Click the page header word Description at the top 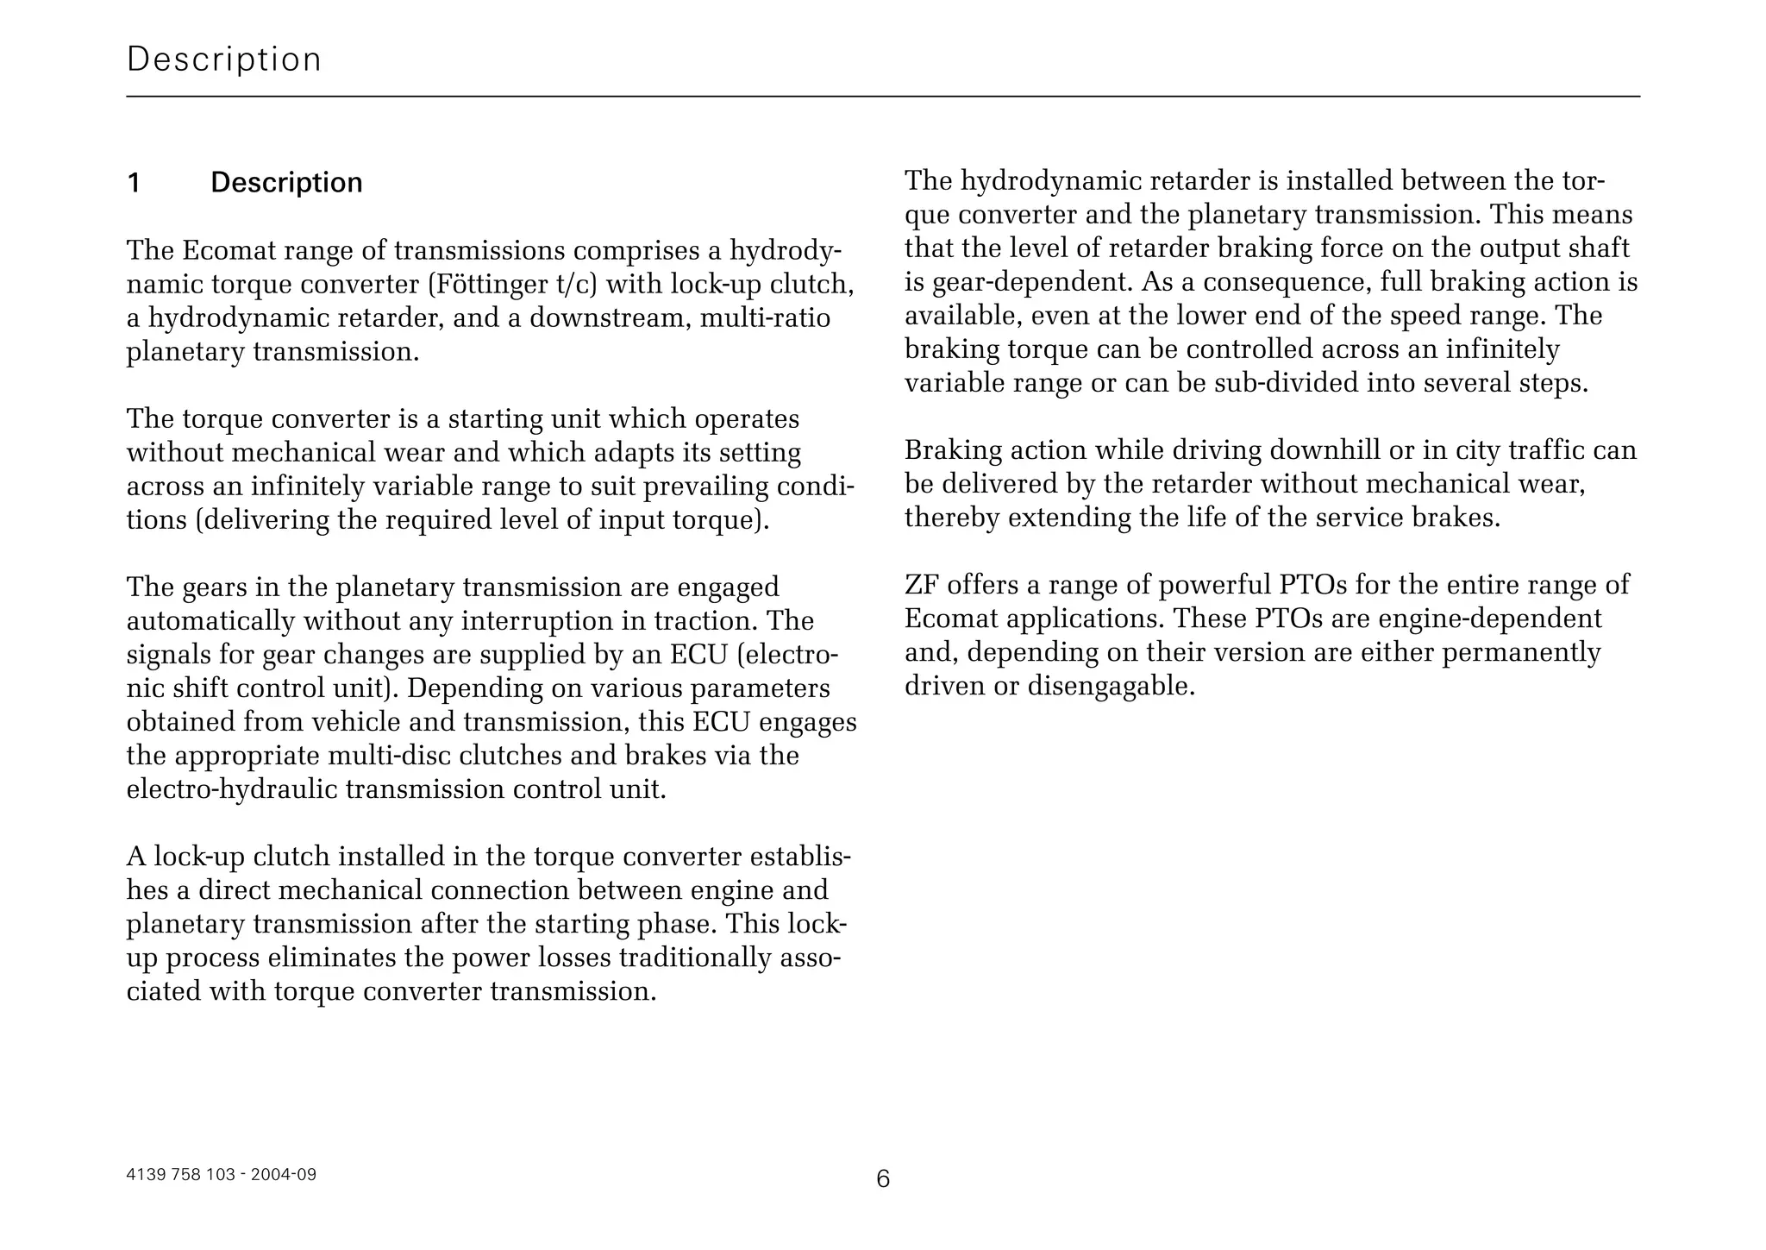224,60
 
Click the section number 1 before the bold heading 134,183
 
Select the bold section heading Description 286,183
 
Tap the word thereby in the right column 952,518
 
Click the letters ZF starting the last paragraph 921,585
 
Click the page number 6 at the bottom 883,1178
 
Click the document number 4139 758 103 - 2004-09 222,1174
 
